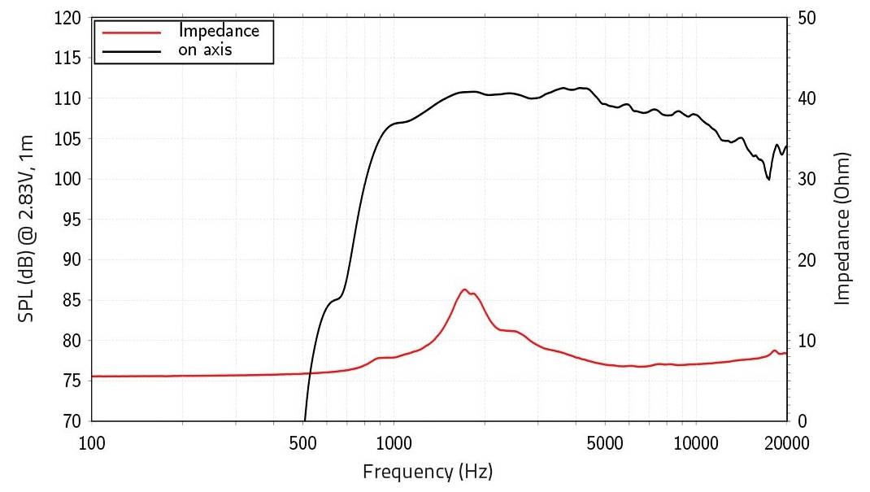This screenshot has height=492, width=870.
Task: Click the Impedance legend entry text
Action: tap(219, 31)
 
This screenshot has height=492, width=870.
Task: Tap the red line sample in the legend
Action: tap(133, 31)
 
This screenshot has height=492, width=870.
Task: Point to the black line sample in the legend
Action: tap(133, 50)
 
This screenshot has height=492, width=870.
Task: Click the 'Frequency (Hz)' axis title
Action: tap(428, 471)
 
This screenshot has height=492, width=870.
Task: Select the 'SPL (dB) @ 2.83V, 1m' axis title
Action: tap(26, 218)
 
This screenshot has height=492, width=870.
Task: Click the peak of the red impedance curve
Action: tap(464, 290)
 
